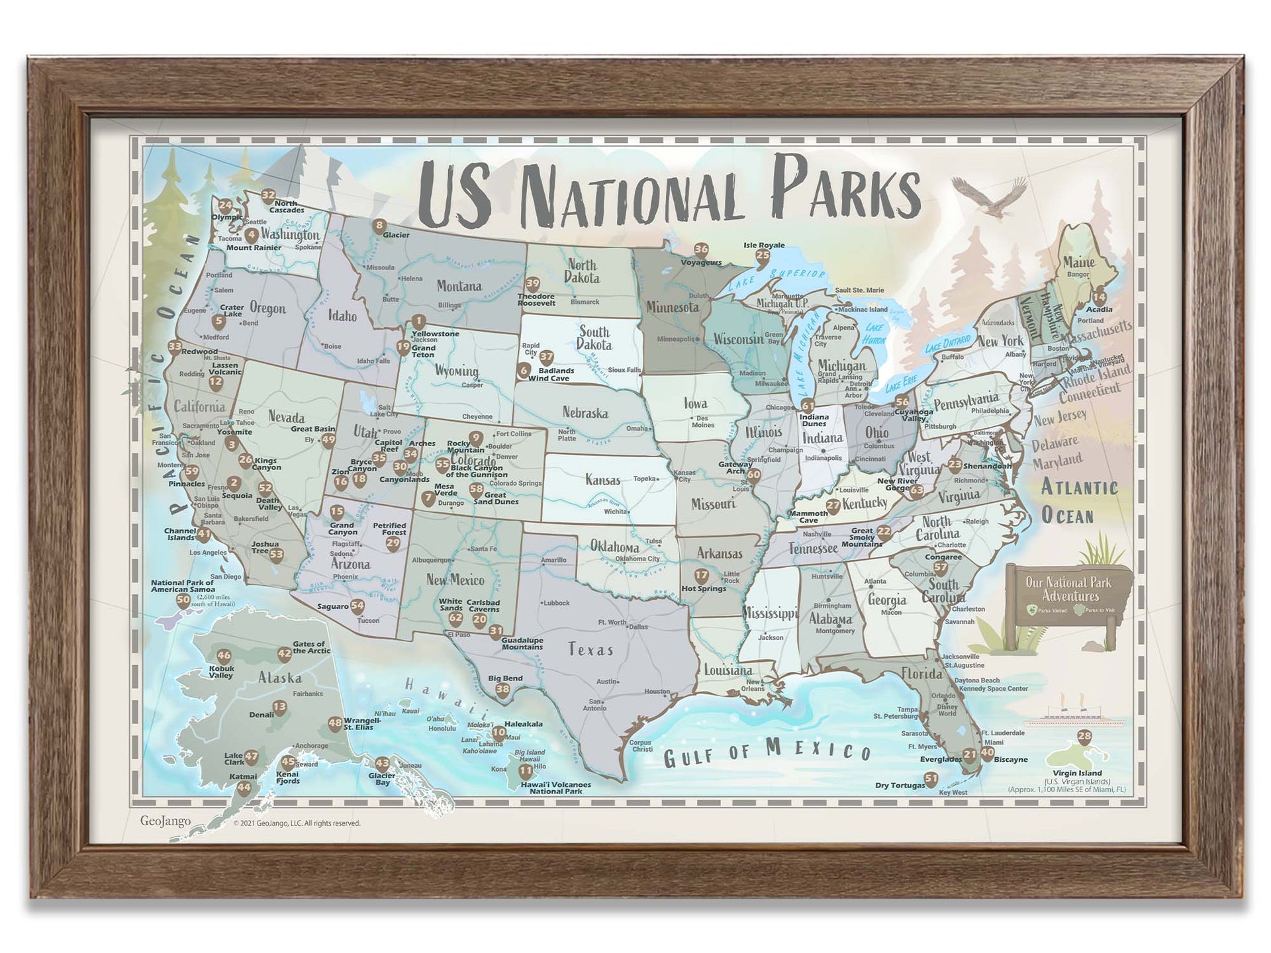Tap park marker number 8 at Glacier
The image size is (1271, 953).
tap(379, 226)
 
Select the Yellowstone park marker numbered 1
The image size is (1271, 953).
tap(418, 322)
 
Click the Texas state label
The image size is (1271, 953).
tap(590, 650)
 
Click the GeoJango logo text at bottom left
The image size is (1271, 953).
tap(165, 821)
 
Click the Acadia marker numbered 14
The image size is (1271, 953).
tap(1099, 297)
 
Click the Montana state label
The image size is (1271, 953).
tap(459, 286)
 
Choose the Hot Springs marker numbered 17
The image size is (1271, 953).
tap(701, 576)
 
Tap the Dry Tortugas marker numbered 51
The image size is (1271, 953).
tap(931, 779)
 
